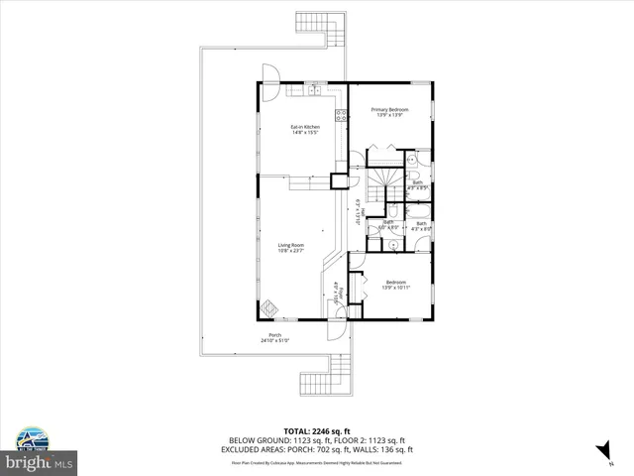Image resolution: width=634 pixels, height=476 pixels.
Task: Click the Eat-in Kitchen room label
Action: (304, 129)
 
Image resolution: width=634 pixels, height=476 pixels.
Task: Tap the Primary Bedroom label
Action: (389, 112)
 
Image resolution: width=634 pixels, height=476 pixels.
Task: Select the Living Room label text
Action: (290, 247)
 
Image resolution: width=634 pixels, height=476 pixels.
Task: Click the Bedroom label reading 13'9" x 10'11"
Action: (396, 284)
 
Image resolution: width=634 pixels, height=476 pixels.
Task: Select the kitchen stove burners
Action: (340, 115)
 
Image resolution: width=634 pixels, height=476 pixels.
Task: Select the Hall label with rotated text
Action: (356, 214)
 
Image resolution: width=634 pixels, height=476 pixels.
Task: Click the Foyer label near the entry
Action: (337, 295)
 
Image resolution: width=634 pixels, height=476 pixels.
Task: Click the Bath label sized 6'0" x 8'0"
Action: (389, 224)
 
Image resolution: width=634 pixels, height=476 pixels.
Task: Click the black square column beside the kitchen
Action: (340, 179)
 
